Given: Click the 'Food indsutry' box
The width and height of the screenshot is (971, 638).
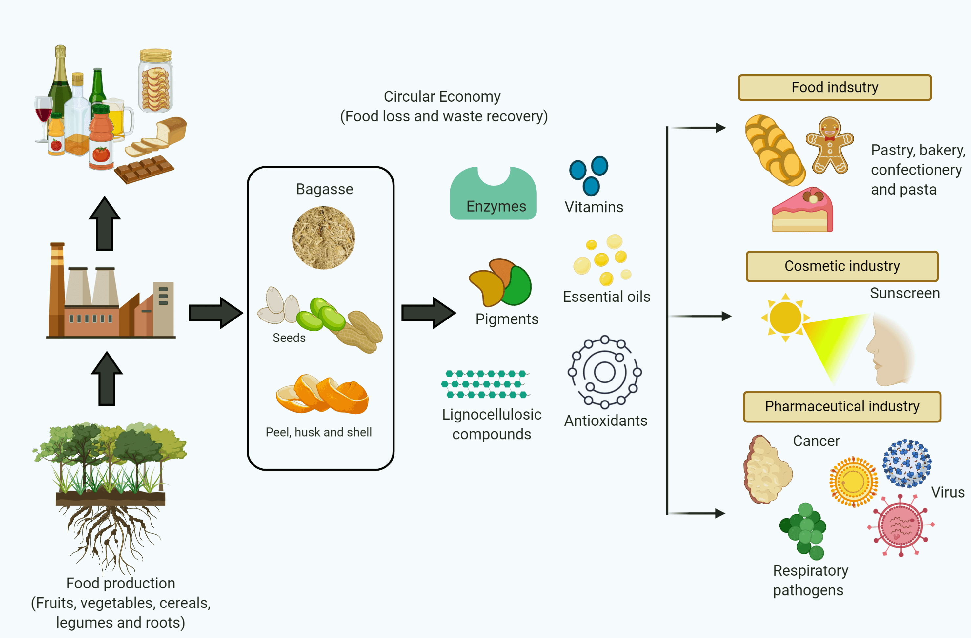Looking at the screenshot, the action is pos(835,87).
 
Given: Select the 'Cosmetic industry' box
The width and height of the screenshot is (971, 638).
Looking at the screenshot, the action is pos(842,266).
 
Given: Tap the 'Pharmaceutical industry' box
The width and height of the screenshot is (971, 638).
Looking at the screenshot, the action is pos(842,406).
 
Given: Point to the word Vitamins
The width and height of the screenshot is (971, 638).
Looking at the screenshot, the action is pos(594,207).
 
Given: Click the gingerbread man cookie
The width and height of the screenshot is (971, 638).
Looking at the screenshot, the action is pos(829,145).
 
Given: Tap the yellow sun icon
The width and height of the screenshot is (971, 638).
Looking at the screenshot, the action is pos(785,317).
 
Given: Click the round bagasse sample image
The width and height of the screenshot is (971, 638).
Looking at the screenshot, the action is pos(323,237).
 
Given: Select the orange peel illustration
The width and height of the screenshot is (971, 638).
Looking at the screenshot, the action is pos(322,394).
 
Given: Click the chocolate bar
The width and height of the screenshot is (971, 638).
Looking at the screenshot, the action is pos(144,169).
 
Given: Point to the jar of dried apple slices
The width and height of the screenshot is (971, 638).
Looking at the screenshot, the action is pos(155,81).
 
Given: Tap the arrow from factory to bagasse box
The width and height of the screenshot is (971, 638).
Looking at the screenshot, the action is pos(216,313).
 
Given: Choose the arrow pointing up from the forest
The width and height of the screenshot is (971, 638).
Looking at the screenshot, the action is pos(107,379).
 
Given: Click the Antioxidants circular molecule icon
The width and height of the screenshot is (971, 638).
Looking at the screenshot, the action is pos(605,372).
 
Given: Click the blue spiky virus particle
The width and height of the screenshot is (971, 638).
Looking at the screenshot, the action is pos(907,463).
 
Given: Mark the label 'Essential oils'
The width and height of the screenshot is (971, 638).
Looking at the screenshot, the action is pos(607,297).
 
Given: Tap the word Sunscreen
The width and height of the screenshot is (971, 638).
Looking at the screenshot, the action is pos(905,293).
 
